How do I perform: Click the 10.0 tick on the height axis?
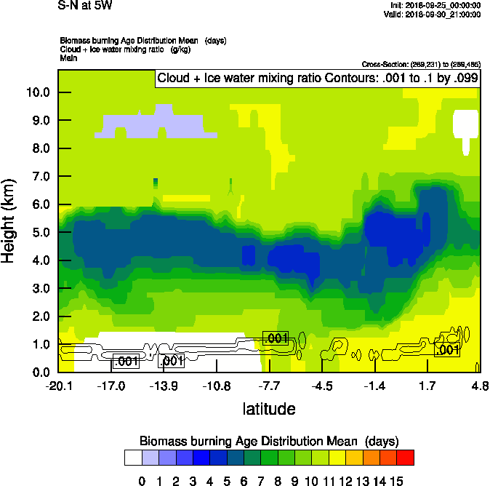coord(38,92)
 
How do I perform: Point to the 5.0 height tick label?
coord(38,233)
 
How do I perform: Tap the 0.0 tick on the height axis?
coord(38,373)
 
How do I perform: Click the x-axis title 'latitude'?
coord(269,409)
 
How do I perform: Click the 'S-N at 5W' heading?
coord(85,6)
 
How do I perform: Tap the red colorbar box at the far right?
coord(406,457)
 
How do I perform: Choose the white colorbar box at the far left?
coord(132,457)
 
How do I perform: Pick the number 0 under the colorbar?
coord(142,479)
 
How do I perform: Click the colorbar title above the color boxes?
coord(269,441)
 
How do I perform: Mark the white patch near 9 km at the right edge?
coord(465,123)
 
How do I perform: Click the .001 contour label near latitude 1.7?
coord(446,350)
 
